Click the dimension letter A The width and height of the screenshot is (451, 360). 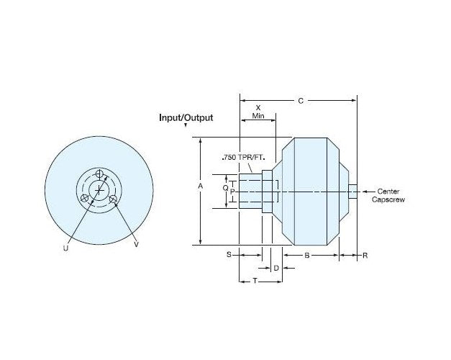tap(201, 186)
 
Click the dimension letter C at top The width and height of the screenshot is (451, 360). tap(300, 102)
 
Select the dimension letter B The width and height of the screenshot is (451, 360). tap(307, 255)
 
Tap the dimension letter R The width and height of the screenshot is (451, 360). tap(365, 255)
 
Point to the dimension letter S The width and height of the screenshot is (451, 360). tap(229, 255)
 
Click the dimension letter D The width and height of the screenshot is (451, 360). tap(277, 268)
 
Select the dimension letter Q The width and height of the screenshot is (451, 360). tap(225, 186)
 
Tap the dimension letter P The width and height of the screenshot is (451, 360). tap(232, 192)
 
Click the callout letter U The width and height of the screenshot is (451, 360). tap(65, 247)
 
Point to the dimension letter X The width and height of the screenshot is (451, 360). tap(258, 108)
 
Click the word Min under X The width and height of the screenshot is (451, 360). tap(258, 116)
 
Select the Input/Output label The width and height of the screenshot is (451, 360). tap(186, 117)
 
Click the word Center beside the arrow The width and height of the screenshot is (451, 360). tap(389, 191)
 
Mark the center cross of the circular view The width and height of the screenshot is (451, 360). tap(99, 189)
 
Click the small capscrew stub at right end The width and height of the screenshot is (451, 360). tap(352, 191)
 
